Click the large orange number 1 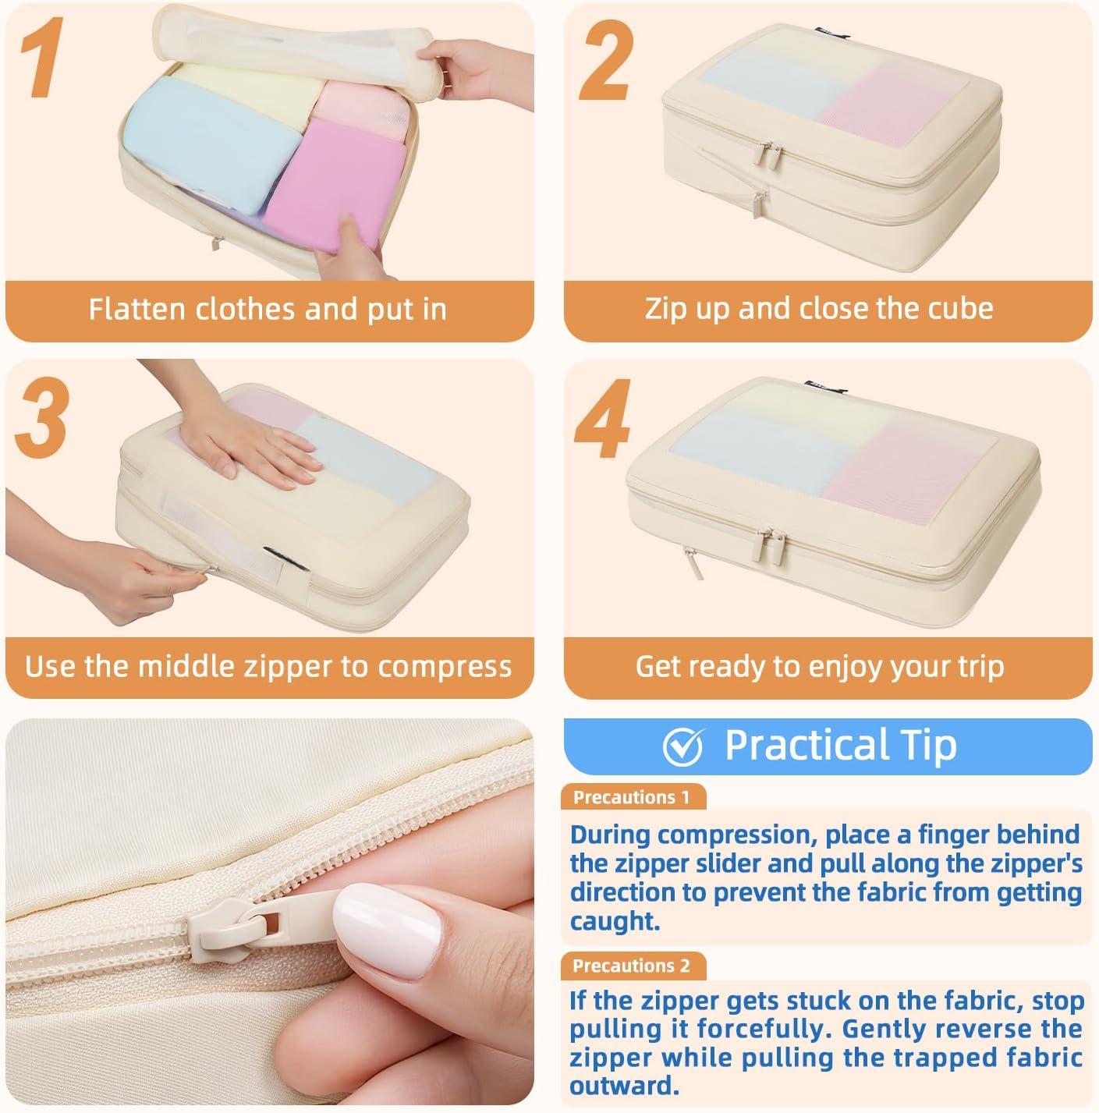pos(41,57)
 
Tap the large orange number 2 pos(605,60)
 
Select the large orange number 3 pos(42,417)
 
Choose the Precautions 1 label pos(632,797)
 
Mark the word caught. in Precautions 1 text pos(614,921)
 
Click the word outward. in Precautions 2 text pos(624,1086)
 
